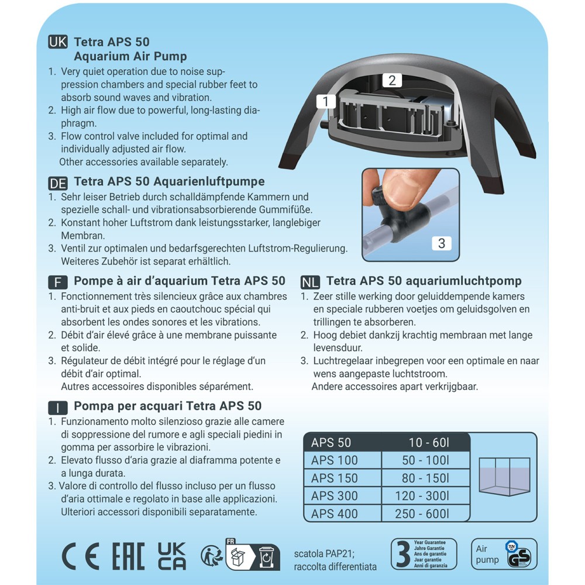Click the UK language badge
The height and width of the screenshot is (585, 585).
pos(58,42)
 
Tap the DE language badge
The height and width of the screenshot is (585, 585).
pos(58,183)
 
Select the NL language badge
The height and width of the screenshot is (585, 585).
pos(310,282)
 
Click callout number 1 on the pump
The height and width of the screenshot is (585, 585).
pos(325,102)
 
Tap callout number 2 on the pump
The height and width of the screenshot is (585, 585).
pos(392,80)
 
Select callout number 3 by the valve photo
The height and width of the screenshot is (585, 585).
pos(442,243)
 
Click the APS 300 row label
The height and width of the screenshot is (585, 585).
pos(335,496)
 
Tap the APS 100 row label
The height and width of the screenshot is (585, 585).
pos(335,460)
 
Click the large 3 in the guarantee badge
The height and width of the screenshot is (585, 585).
pos(402,554)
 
